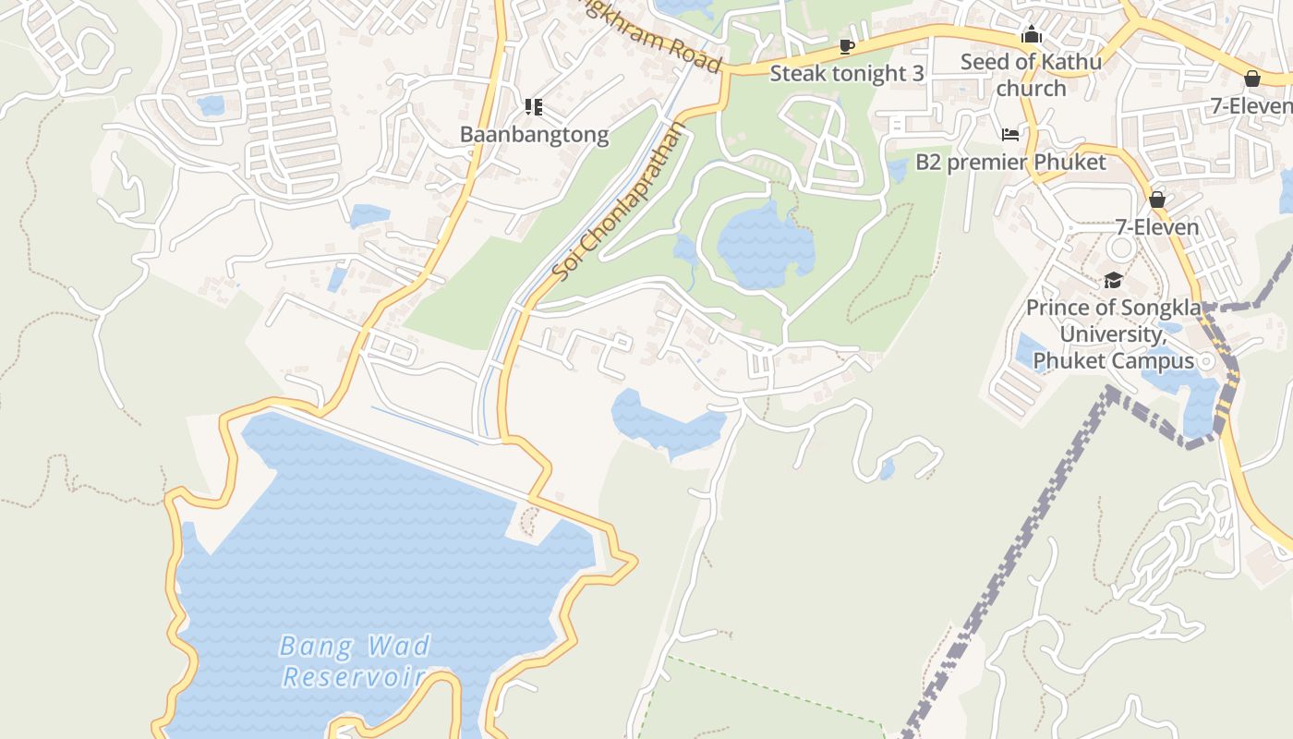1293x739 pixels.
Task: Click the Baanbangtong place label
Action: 534,135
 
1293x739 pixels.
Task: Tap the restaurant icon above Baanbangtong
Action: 533,107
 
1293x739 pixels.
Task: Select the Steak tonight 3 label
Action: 846,74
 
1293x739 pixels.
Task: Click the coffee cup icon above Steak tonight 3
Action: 847,46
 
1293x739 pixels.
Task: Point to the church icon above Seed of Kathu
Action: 1031,35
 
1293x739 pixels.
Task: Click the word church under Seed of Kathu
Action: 1031,89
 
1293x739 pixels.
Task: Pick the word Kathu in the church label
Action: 1070,62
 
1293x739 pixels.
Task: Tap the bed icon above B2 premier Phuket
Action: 1010,135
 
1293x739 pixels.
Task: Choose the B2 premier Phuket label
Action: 1010,163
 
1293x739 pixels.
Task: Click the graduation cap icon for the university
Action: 1113,280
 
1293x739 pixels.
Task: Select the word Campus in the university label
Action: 1154,360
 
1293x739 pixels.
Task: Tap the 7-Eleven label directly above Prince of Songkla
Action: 1156,227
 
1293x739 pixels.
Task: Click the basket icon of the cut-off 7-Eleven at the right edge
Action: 1252,79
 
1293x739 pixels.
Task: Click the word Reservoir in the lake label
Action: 352,676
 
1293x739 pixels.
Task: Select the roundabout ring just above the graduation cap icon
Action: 1121,248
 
